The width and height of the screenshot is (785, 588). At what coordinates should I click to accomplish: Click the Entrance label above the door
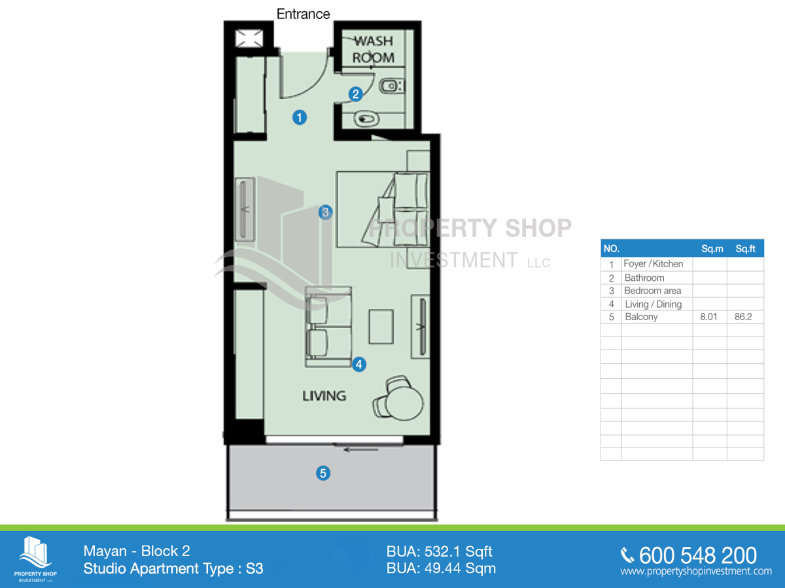pyautogui.click(x=303, y=14)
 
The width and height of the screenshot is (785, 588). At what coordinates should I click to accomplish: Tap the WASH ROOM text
pyautogui.click(x=374, y=49)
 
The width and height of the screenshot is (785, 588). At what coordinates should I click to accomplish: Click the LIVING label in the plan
pyautogui.click(x=324, y=396)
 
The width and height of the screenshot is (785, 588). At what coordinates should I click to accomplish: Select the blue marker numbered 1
pyautogui.click(x=300, y=118)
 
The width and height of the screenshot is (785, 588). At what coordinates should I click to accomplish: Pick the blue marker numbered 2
pyautogui.click(x=355, y=94)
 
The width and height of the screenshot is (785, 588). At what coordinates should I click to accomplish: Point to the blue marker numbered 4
pyautogui.click(x=358, y=365)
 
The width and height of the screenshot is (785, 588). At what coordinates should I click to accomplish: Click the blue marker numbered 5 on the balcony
pyautogui.click(x=323, y=474)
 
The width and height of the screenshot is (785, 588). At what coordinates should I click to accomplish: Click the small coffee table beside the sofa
pyautogui.click(x=381, y=327)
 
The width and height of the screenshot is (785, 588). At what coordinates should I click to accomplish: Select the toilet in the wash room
pyautogui.click(x=391, y=86)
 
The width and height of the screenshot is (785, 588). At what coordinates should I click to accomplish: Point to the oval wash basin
pyautogui.click(x=366, y=118)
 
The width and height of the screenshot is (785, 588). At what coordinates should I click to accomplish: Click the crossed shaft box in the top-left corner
pyautogui.click(x=249, y=38)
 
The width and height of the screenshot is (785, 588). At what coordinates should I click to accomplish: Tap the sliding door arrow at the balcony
pyautogui.click(x=361, y=450)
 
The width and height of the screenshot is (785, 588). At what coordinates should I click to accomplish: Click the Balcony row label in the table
pyautogui.click(x=641, y=317)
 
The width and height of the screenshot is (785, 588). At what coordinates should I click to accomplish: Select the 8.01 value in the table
pyautogui.click(x=708, y=317)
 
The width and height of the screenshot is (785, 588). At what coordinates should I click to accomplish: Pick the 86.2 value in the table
pyautogui.click(x=743, y=317)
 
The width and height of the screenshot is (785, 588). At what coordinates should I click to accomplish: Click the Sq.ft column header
pyautogui.click(x=745, y=249)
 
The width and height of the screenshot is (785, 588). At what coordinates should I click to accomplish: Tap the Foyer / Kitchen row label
pyautogui.click(x=654, y=264)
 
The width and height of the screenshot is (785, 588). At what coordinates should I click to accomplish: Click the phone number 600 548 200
pyautogui.click(x=698, y=555)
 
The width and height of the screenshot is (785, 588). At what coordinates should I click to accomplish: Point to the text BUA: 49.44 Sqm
pyautogui.click(x=441, y=568)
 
